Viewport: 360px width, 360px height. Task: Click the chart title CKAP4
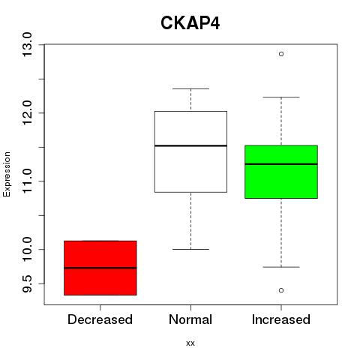coord(190,23)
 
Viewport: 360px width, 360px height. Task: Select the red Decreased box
coord(100,268)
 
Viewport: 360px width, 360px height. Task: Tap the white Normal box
coord(190,151)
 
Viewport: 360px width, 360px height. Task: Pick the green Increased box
coord(281,172)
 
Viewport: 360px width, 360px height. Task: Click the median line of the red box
coord(100,268)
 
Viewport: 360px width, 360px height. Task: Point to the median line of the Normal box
coord(190,145)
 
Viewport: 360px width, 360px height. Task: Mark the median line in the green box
coord(281,164)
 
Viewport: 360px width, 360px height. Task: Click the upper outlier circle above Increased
coord(281,54)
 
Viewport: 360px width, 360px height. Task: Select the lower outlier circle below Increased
coord(281,290)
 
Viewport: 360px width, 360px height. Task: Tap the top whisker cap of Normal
coord(190,88)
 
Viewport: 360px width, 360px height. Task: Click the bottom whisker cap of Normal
coord(190,249)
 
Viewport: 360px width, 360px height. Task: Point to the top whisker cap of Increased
coord(281,97)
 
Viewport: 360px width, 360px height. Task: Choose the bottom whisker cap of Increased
coord(281,267)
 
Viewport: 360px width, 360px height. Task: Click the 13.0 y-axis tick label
coord(27,45)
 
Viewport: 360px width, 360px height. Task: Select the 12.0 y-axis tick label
coord(27,113)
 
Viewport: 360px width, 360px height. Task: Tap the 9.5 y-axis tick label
coord(27,283)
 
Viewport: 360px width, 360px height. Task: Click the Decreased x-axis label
coord(100,319)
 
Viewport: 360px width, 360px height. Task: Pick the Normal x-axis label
coord(190,319)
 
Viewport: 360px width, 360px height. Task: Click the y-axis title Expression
coord(7,175)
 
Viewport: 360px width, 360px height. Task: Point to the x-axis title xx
coord(190,343)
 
